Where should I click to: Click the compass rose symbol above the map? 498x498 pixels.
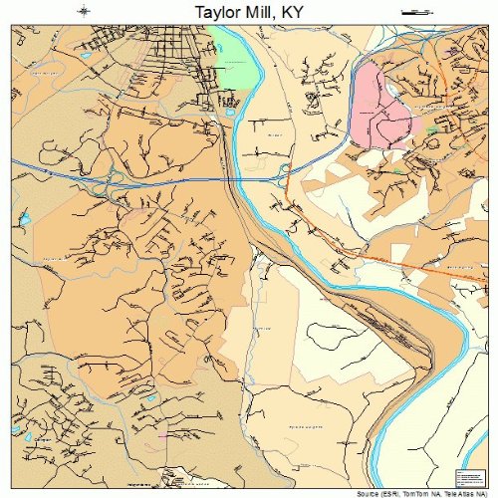[x=84, y=12]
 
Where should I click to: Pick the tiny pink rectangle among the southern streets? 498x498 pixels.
[x=162, y=435]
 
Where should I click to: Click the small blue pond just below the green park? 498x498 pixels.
[x=229, y=113]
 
